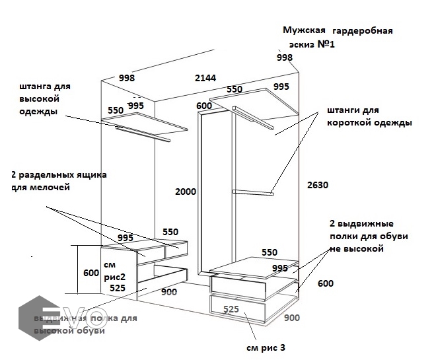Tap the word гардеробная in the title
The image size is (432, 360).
(363, 31)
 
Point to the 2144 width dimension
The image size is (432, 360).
(205, 78)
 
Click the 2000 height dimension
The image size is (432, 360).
(186, 192)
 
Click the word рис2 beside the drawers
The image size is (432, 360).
(117, 277)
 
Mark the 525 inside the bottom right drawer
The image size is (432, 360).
(231, 309)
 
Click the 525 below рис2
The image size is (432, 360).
(118, 288)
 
